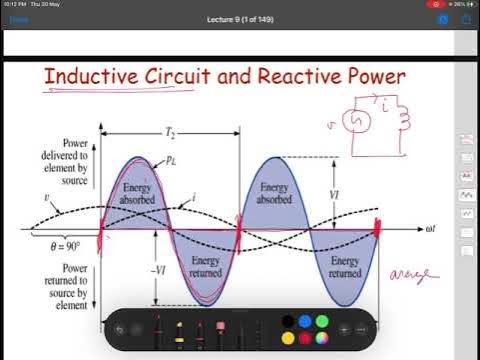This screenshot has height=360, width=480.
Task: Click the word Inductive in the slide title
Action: tap(96, 78)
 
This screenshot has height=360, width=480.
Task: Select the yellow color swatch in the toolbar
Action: tap(287, 338)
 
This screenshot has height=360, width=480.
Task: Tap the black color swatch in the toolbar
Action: tap(287, 321)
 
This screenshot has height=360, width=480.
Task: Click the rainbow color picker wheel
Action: tap(322, 338)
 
